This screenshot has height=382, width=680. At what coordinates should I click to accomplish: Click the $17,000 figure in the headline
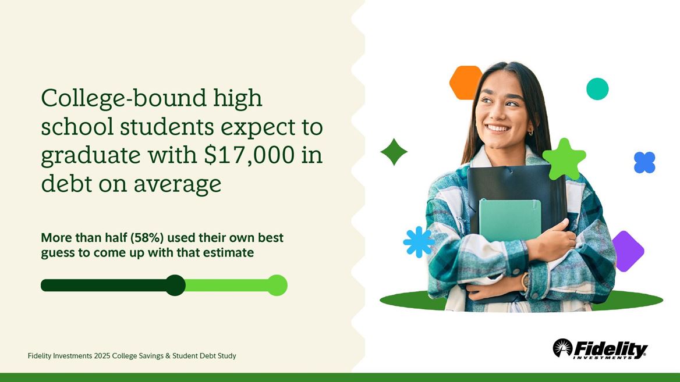pyautogui.click(x=252, y=156)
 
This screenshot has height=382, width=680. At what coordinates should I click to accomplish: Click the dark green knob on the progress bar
pyautogui.click(x=175, y=285)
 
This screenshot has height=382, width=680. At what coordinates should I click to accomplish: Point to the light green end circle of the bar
pyautogui.click(x=277, y=285)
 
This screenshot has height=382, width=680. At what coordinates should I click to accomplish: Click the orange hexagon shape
pyautogui.click(x=465, y=82)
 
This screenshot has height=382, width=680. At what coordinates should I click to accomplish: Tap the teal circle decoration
pyautogui.click(x=597, y=89)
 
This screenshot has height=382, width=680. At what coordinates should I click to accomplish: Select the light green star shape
pyautogui.click(x=564, y=159)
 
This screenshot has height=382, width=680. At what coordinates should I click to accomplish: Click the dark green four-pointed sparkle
pyautogui.click(x=394, y=152)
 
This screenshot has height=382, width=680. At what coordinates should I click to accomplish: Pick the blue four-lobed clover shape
pyautogui.click(x=644, y=163)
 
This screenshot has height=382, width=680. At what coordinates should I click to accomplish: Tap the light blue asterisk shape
pyautogui.click(x=418, y=242)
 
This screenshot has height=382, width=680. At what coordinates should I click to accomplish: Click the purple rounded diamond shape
pyautogui.click(x=626, y=251)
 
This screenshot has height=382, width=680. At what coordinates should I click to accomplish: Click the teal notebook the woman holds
pyautogui.click(x=509, y=220)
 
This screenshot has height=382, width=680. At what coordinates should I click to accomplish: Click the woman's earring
pyautogui.click(x=530, y=133)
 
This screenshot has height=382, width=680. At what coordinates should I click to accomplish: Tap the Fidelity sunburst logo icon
pyautogui.click(x=562, y=348)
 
